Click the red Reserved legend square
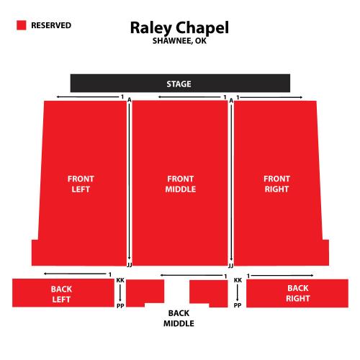[22, 25]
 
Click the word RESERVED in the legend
[51, 25]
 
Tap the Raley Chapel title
[179, 28]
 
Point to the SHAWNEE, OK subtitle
[179, 41]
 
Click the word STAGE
[179, 84]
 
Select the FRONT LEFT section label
[81, 184]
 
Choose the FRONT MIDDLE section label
[181, 184]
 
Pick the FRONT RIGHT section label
[276, 184]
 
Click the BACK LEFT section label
[61, 294]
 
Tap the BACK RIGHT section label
[298, 293]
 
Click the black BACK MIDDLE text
[179, 318]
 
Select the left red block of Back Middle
[145, 293]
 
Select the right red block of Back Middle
[209, 293]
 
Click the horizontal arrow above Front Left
[88, 97]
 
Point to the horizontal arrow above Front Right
[271, 97]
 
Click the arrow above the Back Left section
[75, 274]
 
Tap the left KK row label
[120, 280]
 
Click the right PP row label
[238, 305]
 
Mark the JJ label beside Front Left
[130, 265]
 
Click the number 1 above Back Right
[248, 276]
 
